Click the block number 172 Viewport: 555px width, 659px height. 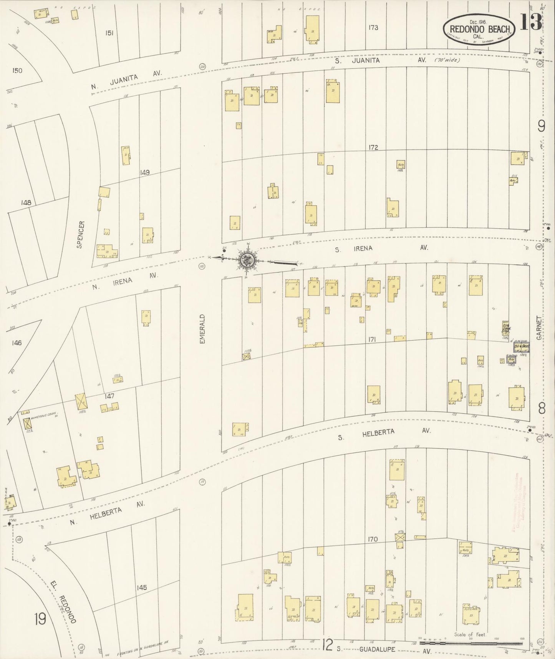pos(373,147)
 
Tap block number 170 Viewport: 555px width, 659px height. pos(373,539)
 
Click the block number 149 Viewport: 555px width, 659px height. pos(144,172)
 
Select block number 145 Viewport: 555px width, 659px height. pos(141,588)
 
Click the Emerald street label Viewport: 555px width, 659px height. pos(203,329)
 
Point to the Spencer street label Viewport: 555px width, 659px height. pos(80,234)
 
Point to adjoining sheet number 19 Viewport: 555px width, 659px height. pos(40,619)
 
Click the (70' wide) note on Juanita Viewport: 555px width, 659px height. pos(447,60)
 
